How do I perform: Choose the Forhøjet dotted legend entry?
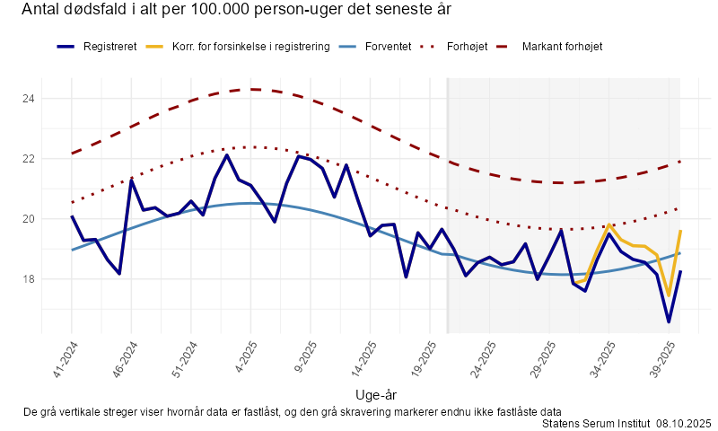coord(467,46)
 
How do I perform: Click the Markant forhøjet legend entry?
coord(562,46)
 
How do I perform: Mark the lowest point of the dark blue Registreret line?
coord(669,321)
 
